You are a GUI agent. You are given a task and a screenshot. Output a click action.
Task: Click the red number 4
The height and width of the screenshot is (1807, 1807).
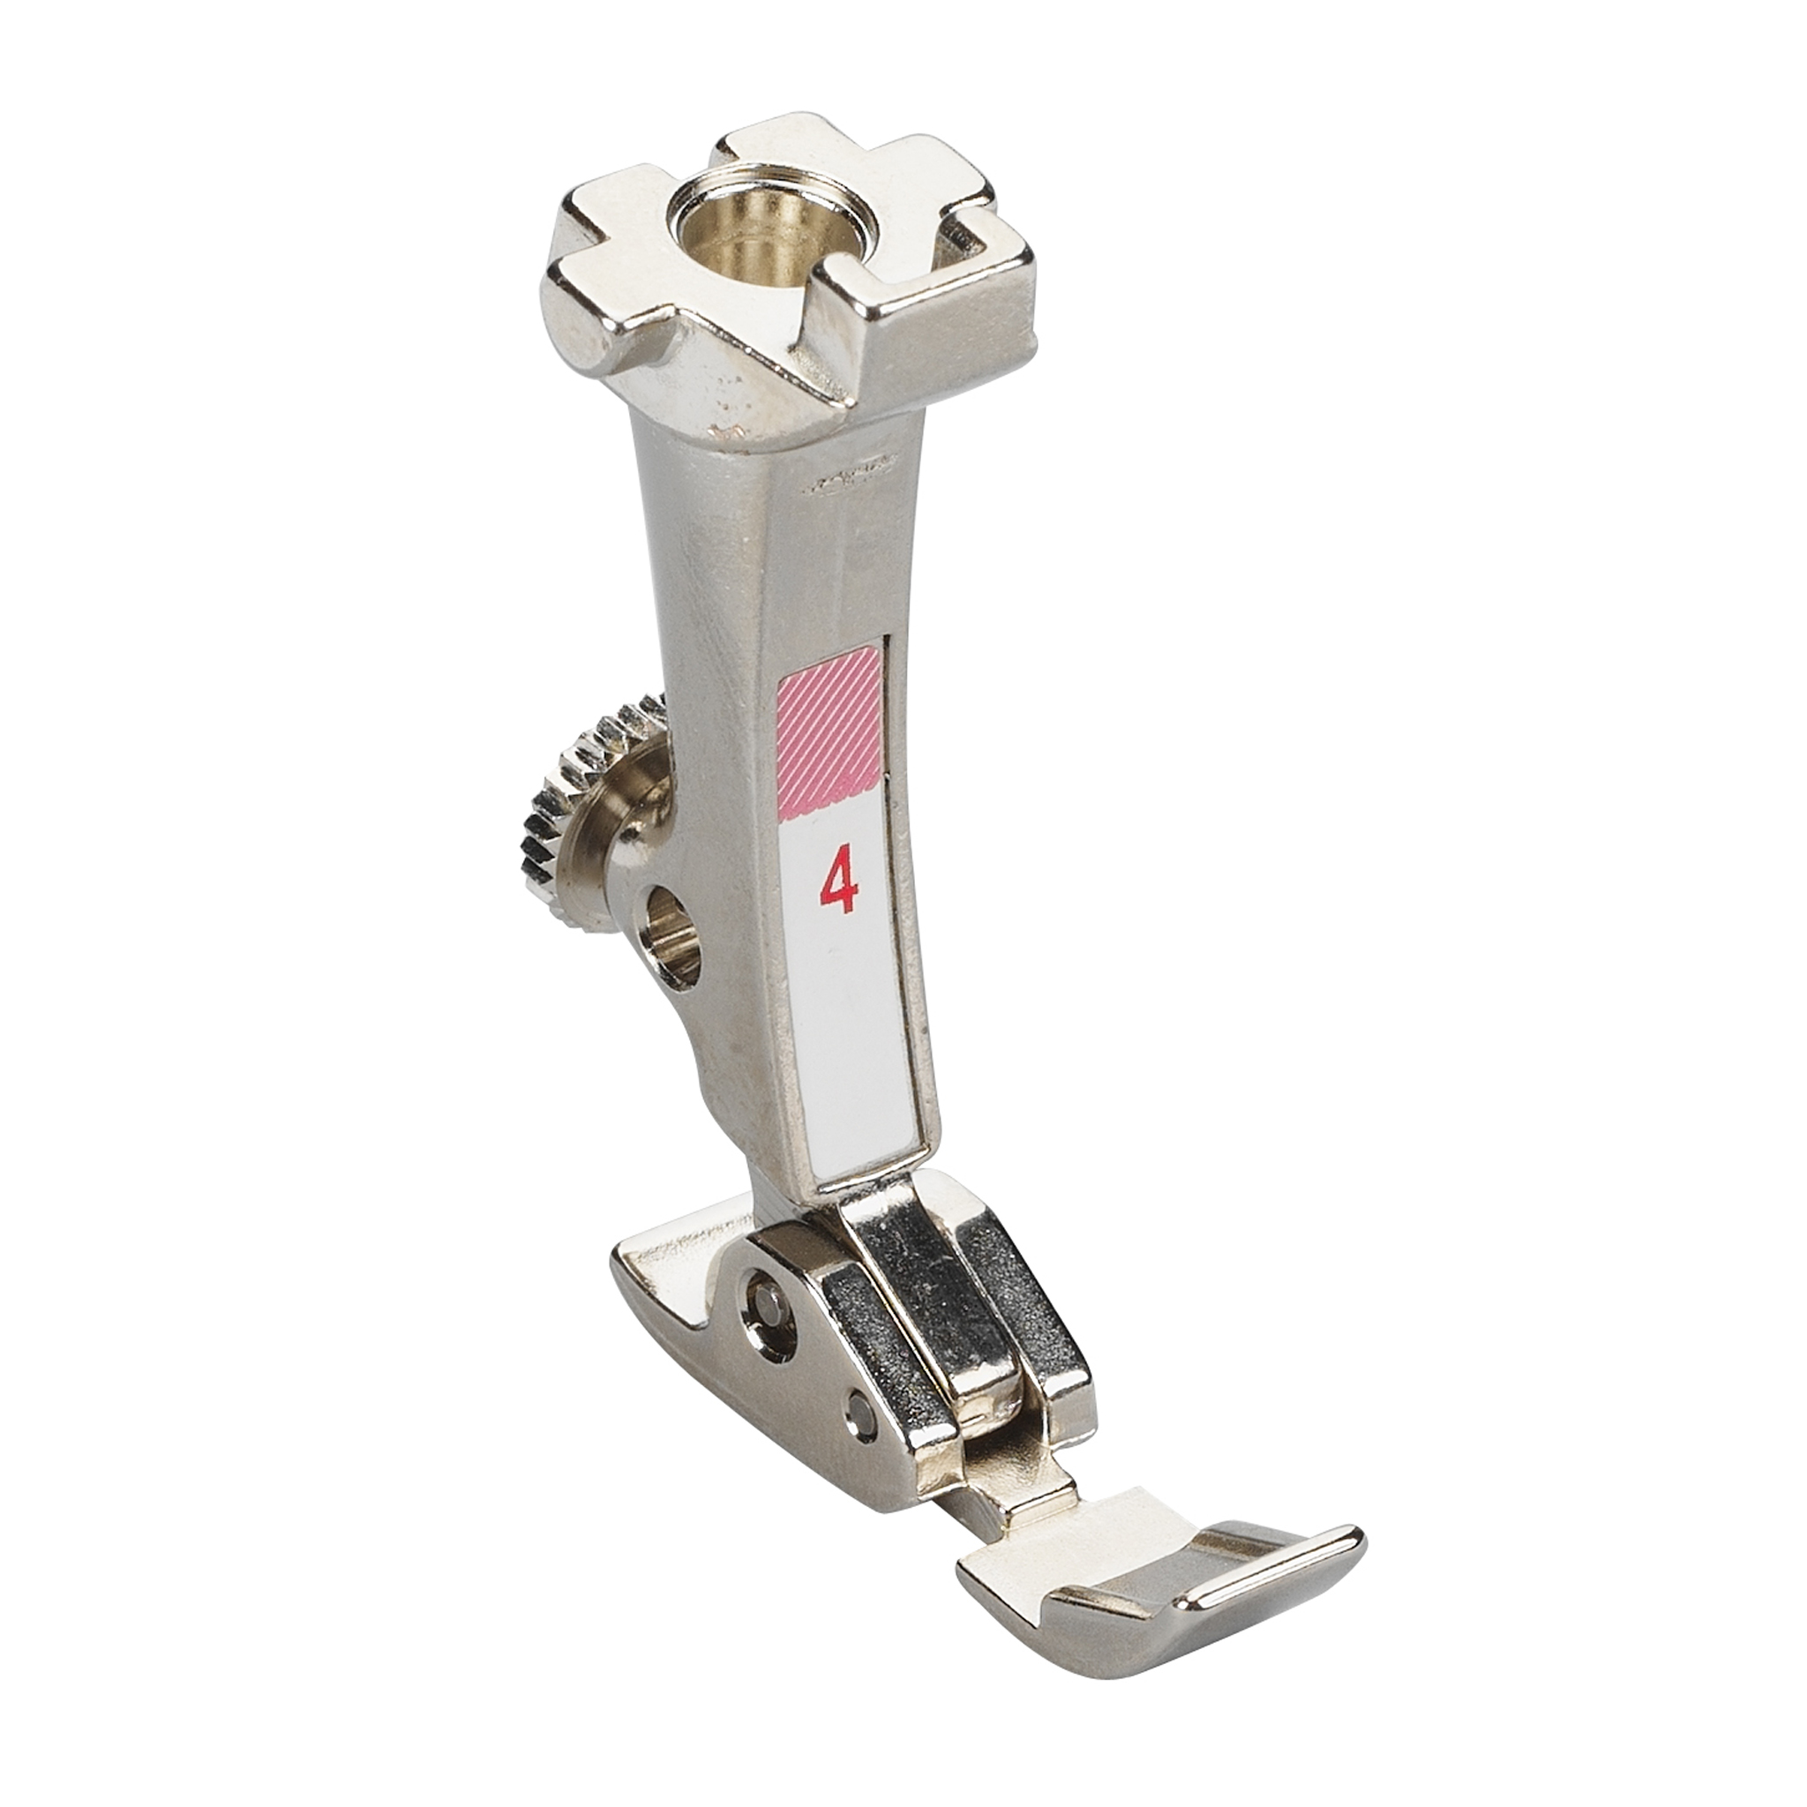tap(839, 884)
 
